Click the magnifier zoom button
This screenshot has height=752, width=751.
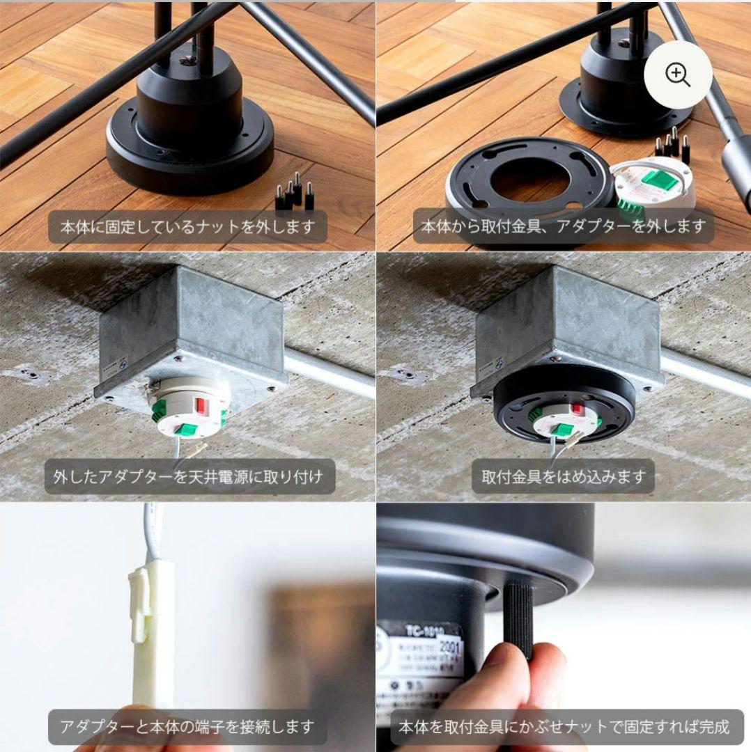tap(677, 74)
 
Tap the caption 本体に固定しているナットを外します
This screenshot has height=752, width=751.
tap(187, 226)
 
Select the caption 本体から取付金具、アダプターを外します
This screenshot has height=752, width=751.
tap(563, 226)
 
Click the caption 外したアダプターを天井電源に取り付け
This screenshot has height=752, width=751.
tap(188, 477)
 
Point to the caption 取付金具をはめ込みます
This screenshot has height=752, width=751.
tap(564, 477)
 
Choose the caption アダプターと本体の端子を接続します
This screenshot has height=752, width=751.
tap(187, 727)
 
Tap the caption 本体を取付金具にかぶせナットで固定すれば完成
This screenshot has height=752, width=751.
tap(564, 727)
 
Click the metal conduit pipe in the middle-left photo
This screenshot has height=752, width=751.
tap(327, 373)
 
